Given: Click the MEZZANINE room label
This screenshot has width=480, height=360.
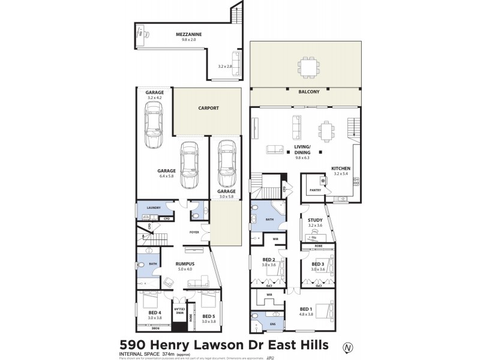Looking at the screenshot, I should click(x=188, y=34).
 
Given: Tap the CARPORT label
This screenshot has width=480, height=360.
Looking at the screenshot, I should click(x=208, y=109).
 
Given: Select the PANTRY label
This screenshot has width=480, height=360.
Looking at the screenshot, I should click(x=316, y=190).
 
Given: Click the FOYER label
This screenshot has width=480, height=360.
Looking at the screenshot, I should click(x=194, y=231).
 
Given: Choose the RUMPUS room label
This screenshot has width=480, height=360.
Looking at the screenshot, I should click(x=184, y=263).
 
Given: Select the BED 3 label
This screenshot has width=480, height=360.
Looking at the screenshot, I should click(x=318, y=264).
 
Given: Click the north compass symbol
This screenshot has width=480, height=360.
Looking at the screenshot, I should click(x=346, y=346).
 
